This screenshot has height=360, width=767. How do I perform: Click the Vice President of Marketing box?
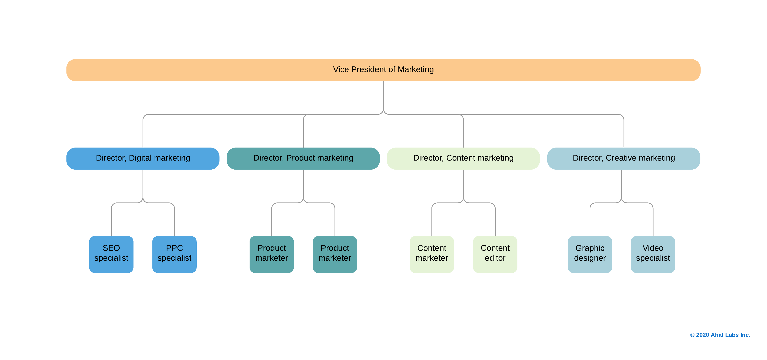(x=383, y=70)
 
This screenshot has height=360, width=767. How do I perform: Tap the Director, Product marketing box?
(x=303, y=158)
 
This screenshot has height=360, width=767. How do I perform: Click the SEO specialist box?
(x=111, y=254)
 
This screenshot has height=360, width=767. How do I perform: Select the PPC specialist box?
(x=174, y=254)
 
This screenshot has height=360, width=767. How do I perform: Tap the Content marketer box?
(x=431, y=254)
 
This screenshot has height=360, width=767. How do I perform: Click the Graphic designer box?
(x=590, y=254)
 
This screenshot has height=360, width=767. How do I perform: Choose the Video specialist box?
(x=653, y=254)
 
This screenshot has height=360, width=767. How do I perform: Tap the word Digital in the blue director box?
(x=140, y=158)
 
